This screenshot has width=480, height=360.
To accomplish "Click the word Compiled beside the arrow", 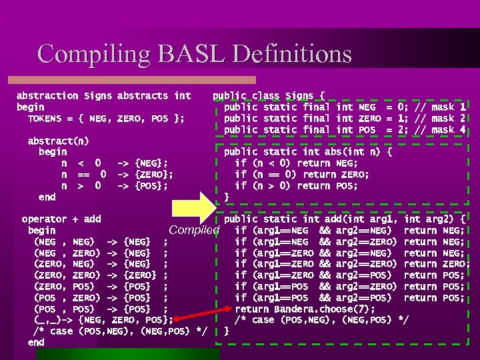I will pyautogui.click(x=194, y=231).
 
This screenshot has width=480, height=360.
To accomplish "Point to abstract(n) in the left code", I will pyautogui.click(x=58, y=141).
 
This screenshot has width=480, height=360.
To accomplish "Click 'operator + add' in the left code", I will pyautogui.click(x=61, y=219).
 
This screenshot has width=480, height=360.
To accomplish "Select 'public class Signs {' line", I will pyautogui.click(x=269, y=95).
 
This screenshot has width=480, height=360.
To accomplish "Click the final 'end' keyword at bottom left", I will pyautogui.click(x=36, y=342).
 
